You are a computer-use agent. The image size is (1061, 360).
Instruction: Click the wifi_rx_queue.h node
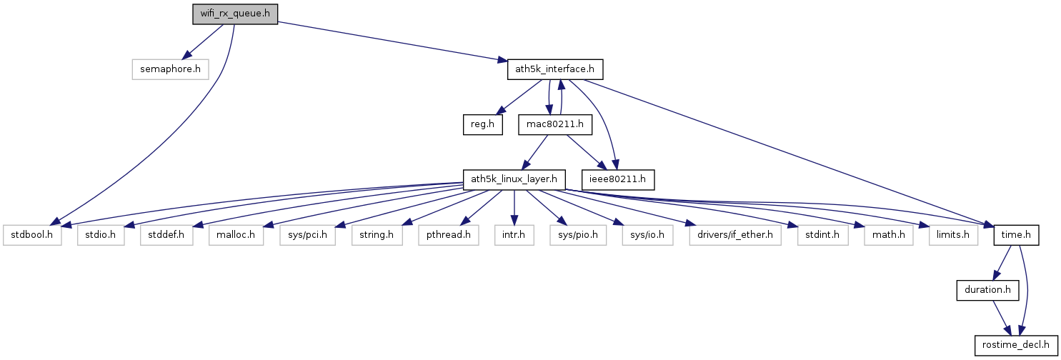pos(234,14)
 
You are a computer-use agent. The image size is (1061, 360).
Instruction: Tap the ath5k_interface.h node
pos(555,69)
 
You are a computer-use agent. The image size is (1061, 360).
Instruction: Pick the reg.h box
pos(482,125)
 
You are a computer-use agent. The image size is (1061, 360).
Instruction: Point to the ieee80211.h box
pos(619,179)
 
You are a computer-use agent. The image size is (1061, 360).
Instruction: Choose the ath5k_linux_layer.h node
pos(514,179)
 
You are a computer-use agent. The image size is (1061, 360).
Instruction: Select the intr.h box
pos(514,234)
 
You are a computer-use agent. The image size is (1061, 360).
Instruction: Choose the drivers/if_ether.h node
pos(735,234)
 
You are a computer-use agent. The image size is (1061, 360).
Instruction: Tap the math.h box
pos(888,234)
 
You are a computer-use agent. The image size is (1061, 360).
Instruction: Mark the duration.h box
pos(987,290)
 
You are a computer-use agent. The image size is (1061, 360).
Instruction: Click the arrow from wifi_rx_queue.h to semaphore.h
pos(204,42)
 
